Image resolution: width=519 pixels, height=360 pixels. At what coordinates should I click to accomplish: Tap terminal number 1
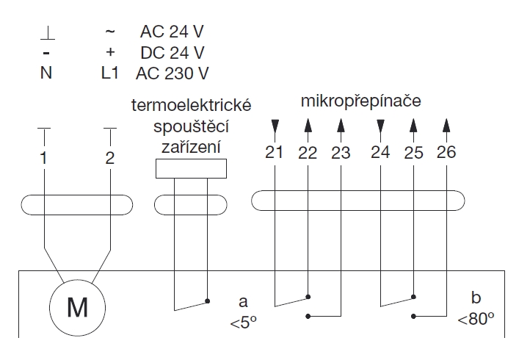click(x=43, y=158)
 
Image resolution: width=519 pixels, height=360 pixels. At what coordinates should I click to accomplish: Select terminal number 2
click(x=110, y=158)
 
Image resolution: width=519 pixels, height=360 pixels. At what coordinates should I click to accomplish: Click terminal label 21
click(x=274, y=153)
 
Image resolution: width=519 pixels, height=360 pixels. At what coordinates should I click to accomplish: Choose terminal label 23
click(x=341, y=153)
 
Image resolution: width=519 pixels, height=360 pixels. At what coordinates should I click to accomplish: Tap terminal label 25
click(x=413, y=153)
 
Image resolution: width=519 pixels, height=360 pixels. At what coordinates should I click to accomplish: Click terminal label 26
click(x=446, y=153)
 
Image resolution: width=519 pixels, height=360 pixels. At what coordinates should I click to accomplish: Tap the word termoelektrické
click(x=191, y=106)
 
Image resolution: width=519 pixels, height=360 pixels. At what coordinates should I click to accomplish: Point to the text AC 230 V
click(x=173, y=73)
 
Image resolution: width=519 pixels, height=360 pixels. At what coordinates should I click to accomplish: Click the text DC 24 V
click(x=172, y=53)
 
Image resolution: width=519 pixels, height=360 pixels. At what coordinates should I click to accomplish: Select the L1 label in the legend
click(x=109, y=73)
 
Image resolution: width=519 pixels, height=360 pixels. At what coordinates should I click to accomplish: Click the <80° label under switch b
click(x=476, y=319)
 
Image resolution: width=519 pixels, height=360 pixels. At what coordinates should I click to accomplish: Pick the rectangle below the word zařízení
click(x=191, y=168)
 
